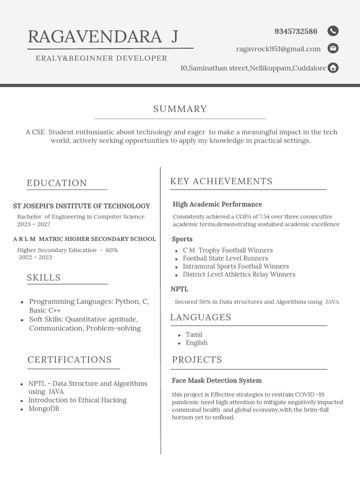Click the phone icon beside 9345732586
[x=333, y=31]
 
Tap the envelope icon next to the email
[x=333, y=48]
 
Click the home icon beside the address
[x=333, y=68]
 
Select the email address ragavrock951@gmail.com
[x=278, y=49]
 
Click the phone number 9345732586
[x=296, y=31]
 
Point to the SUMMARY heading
[x=180, y=109]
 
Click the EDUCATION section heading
[x=57, y=183]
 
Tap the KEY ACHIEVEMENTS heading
[x=221, y=181]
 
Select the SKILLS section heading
[x=44, y=277]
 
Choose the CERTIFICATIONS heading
[x=69, y=360]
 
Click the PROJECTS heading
[x=197, y=360]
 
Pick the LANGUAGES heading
[x=201, y=317]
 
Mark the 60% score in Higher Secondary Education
[x=112, y=250]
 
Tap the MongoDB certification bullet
[x=44, y=408]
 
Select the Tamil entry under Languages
[x=194, y=335]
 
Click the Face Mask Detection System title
[x=217, y=381]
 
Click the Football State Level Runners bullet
[x=225, y=258]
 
